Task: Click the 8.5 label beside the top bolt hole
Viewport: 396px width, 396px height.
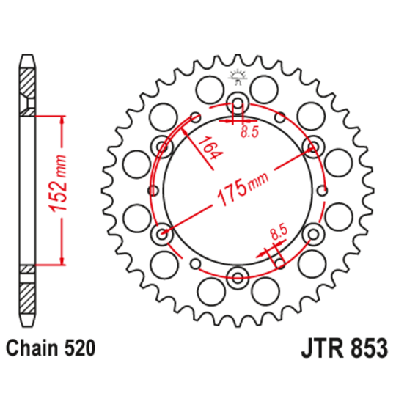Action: coord(250,132)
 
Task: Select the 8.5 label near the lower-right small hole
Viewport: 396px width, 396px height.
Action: coord(278,235)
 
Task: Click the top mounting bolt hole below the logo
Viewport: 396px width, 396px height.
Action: coord(238,102)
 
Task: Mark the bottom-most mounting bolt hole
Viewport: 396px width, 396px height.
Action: coord(238,276)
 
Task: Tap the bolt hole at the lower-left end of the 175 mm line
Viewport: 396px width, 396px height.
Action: coord(162,234)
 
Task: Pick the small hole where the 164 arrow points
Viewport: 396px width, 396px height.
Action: coord(195,117)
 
